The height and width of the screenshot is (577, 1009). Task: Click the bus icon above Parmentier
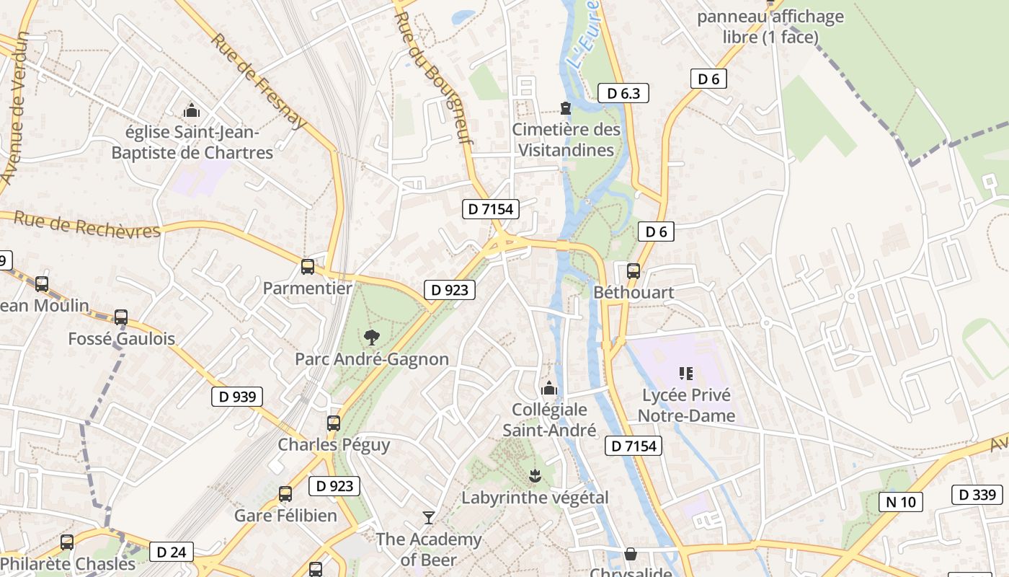[x=308, y=267]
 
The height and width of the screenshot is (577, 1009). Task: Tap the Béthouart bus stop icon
[x=634, y=271]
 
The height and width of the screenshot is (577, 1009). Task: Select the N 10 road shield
[x=900, y=501]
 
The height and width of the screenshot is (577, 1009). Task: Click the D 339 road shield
[x=977, y=494]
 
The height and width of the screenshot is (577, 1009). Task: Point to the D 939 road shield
[x=237, y=396]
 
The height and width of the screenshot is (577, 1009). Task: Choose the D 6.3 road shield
[x=623, y=93]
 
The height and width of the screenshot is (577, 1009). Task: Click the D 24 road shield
[x=172, y=552]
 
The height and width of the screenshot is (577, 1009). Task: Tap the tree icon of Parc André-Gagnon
[x=372, y=337]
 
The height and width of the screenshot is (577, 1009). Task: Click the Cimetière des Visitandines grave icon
[x=566, y=108]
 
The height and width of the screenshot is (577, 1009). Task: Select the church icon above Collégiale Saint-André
[x=549, y=388]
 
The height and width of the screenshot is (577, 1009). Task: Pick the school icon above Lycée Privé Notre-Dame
[x=685, y=373]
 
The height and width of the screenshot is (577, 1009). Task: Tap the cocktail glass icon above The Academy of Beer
[x=429, y=517]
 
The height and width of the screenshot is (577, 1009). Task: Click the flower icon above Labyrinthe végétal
[x=535, y=475]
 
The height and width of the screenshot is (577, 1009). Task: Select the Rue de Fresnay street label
[x=259, y=80]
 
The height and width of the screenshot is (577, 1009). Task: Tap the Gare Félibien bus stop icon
[x=285, y=494]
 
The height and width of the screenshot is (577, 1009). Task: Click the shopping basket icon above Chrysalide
[x=631, y=553]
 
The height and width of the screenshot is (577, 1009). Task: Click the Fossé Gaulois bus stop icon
[x=121, y=317]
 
